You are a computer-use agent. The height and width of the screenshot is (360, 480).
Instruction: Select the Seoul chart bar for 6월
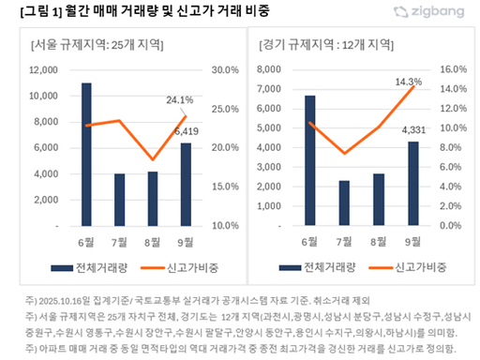86,155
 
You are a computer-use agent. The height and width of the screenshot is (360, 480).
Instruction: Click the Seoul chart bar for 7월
119,200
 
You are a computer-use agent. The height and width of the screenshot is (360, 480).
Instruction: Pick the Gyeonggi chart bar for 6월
310,161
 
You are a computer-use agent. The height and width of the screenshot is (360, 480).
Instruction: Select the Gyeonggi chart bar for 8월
378,200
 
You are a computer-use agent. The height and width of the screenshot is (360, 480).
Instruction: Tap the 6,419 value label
187,132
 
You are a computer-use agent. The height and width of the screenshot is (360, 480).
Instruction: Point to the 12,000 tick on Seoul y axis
43,70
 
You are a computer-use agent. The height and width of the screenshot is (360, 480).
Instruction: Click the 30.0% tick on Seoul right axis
226,70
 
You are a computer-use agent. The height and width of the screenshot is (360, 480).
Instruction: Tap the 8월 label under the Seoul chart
153,241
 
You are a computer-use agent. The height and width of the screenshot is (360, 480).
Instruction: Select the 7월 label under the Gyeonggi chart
344,241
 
